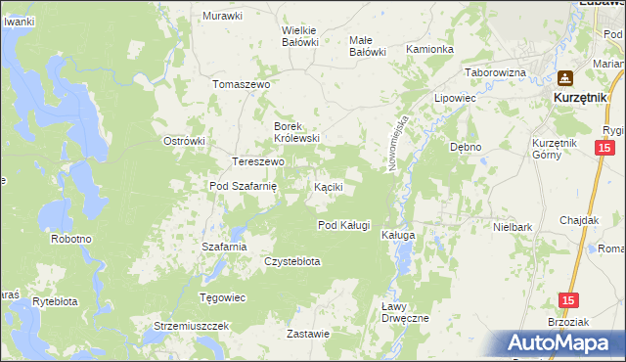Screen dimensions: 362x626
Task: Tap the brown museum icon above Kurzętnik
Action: (x=564, y=79)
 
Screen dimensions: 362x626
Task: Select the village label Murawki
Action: (x=222, y=16)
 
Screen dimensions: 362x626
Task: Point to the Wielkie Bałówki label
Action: (x=300, y=36)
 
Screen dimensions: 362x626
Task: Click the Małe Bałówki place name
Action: (x=368, y=46)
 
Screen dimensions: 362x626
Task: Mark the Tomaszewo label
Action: (x=241, y=84)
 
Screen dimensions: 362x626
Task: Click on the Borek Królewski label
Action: (x=296, y=132)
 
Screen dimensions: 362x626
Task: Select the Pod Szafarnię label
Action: (x=245, y=186)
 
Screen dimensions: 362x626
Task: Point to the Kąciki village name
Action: (x=327, y=186)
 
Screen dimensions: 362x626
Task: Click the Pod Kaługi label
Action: (x=343, y=225)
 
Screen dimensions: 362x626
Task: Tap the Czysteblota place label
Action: (x=292, y=261)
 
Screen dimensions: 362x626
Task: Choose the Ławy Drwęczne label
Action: (x=404, y=313)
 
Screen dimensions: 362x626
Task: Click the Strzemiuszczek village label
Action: (x=191, y=325)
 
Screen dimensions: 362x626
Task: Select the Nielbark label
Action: (x=513, y=226)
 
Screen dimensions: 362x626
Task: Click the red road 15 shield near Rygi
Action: (x=604, y=147)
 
